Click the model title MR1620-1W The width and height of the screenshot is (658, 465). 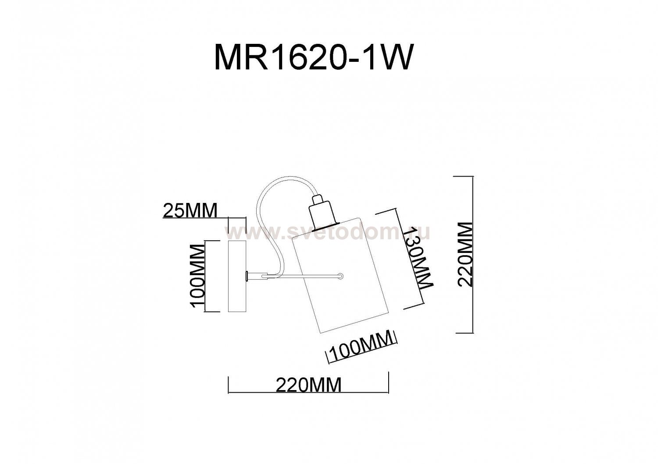(313, 57)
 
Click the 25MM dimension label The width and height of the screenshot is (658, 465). (190, 211)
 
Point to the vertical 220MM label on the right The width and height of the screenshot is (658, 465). (465, 254)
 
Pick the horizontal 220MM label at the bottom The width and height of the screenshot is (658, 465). (308, 385)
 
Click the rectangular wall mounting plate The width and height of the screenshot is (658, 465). (237, 276)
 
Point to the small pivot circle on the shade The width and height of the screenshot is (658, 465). (341, 276)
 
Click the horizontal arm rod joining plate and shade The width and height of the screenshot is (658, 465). (303, 276)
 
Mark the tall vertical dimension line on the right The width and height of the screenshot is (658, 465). (472, 254)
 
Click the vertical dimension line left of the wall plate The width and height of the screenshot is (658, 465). (206, 276)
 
